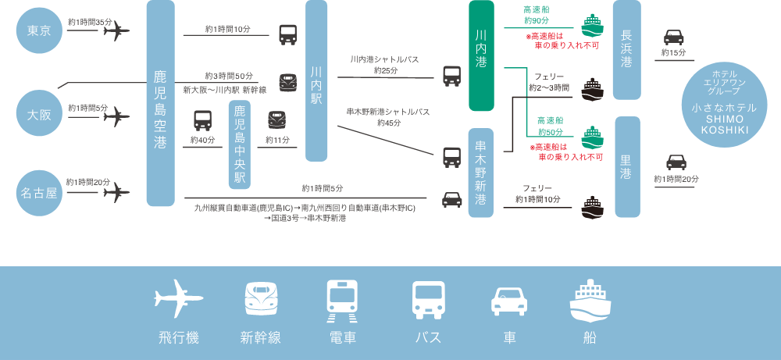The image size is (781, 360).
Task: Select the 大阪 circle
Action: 39,115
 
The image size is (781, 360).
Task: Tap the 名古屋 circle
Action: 39,192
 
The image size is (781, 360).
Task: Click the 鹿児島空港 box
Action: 160,103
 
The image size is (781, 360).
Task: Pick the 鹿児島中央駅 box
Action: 240,144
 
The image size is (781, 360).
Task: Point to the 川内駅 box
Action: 316,80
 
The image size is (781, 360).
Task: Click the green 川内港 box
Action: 481,55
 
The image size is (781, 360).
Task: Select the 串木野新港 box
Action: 481,173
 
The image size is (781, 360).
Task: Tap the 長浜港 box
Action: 626,50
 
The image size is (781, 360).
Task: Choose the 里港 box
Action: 626,167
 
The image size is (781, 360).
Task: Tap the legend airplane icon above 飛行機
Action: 179,298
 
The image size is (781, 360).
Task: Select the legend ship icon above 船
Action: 590,301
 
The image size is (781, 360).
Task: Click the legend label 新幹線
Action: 261,338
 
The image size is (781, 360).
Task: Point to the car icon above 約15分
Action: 673,37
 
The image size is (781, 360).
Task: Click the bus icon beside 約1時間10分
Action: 287,35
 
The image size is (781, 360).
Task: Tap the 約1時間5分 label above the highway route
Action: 322,188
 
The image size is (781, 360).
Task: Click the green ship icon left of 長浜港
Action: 594,25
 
